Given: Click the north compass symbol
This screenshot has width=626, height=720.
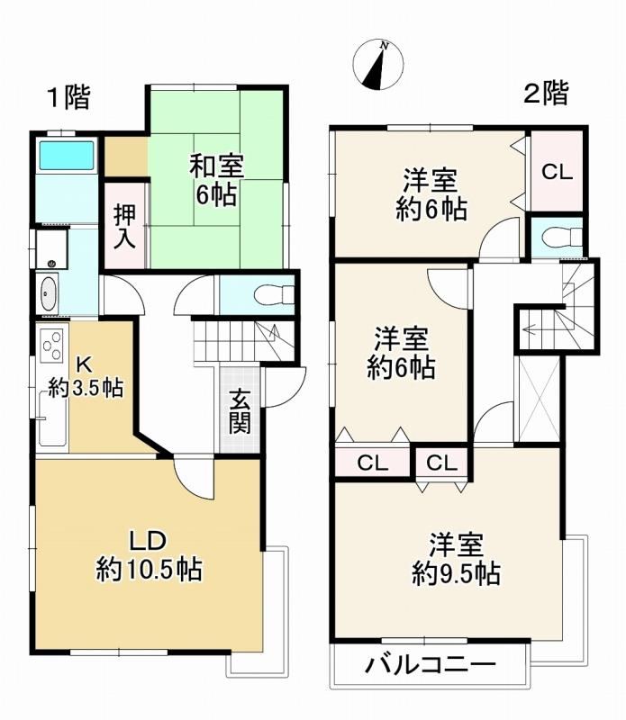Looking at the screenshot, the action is (x=378, y=64).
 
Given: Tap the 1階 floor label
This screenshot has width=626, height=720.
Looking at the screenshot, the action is (x=69, y=98).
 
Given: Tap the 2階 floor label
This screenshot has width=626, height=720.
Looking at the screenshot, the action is (x=546, y=94).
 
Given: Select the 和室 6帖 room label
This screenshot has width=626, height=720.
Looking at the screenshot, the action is (x=216, y=181).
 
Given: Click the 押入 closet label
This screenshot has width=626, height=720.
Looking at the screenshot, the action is (x=124, y=227).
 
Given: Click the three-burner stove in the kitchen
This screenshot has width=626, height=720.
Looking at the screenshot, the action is (x=52, y=346).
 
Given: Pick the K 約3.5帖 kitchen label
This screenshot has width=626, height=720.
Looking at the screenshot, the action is (x=86, y=377).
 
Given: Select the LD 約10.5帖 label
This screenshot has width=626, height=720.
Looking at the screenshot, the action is (x=149, y=556).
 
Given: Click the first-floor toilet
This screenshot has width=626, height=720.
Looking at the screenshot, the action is (x=275, y=295).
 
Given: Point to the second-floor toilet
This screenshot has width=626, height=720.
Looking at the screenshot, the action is (x=563, y=238).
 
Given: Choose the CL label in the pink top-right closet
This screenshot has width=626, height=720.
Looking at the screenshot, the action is (x=557, y=172).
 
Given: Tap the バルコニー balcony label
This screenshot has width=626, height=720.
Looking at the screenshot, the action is (x=431, y=664).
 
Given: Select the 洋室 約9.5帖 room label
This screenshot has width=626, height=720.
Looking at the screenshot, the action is (x=456, y=559).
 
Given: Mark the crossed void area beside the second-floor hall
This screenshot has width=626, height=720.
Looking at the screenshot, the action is (x=540, y=399).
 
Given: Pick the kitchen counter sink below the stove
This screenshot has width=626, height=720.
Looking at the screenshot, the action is (x=53, y=418).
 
